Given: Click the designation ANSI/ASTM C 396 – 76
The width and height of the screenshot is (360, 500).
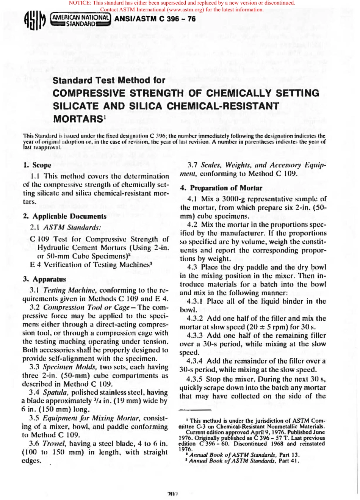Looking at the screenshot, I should point(155,19).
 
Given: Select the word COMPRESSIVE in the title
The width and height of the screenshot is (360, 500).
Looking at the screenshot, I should point(89,93).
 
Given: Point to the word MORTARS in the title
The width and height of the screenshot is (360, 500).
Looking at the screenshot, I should point(78,119).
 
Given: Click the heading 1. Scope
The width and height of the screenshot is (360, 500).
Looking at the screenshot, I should point(37,165).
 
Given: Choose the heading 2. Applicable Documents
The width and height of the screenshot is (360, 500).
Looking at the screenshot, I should point(65,216).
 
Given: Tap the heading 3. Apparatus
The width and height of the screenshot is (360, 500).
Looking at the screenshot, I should point(44,279).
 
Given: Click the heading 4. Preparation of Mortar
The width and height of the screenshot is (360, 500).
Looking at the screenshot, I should point(221,188).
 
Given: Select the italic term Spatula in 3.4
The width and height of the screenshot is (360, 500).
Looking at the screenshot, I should point(53,392).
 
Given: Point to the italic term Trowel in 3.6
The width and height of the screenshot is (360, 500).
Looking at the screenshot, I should point(54,443).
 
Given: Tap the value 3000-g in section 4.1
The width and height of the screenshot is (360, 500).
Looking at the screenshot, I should point(232,199).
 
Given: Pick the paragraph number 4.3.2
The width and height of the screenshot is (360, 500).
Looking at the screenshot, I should point(195,318).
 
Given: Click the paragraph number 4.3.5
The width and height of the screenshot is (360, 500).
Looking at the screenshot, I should point(194,379).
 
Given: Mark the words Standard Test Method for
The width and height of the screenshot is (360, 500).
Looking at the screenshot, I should point(109,80).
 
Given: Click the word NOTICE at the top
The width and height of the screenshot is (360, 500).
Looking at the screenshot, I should point(79,3).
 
